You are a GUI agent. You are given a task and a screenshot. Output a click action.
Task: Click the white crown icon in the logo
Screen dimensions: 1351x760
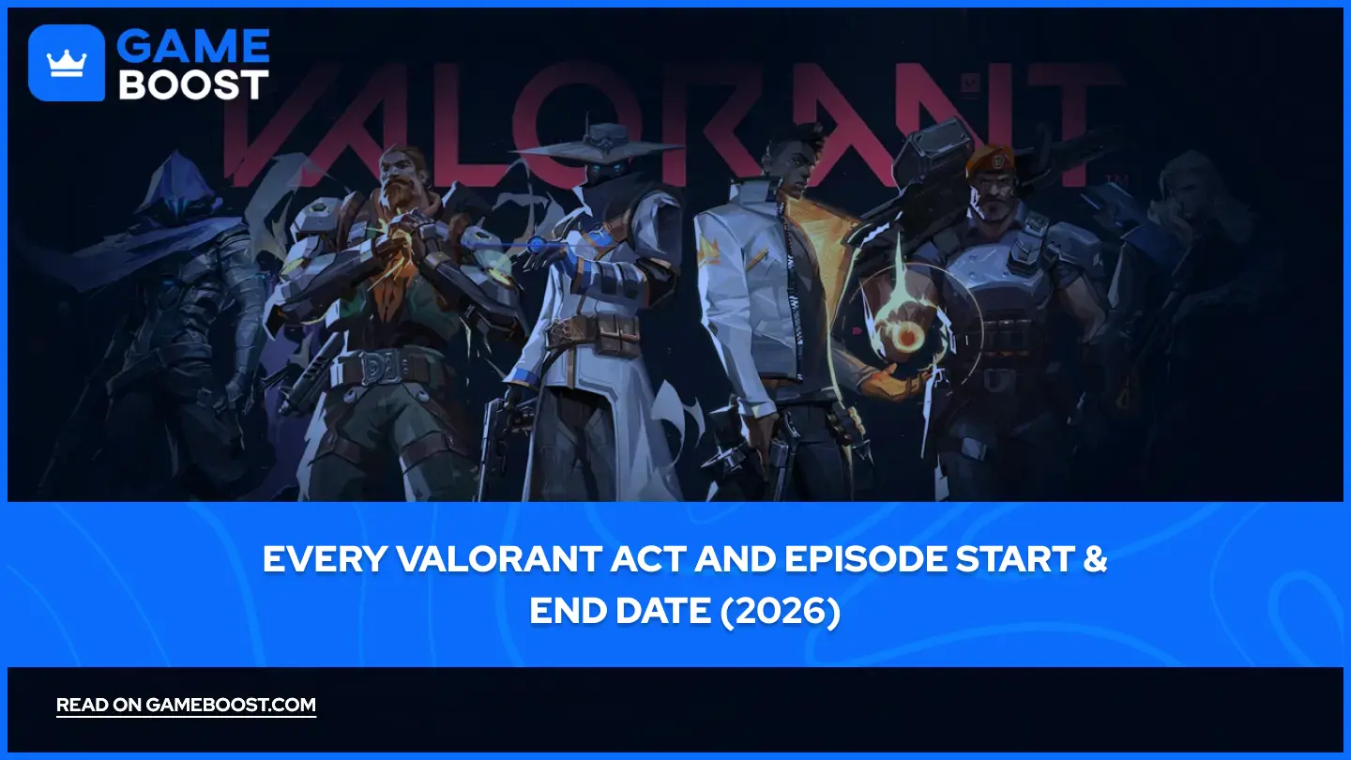pyautogui.click(x=67, y=64)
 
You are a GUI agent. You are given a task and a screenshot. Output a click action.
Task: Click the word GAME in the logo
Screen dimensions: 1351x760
pyautogui.click(x=193, y=46)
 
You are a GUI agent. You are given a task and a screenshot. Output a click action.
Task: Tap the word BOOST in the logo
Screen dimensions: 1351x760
pyautogui.click(x=193, y=84)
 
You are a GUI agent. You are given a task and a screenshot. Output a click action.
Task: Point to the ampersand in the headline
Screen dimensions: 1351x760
pyautogui.click(x=1095, y=559)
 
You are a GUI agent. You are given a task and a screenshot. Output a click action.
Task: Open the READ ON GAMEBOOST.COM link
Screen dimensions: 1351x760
pyautogui.click(x=186, y=706)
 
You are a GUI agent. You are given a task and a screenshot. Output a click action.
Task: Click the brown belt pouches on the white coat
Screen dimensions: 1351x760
pyautogui.click(x=594, y=335)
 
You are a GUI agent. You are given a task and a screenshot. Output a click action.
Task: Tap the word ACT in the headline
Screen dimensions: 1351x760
pyautogui.click(x=647, y=559)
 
